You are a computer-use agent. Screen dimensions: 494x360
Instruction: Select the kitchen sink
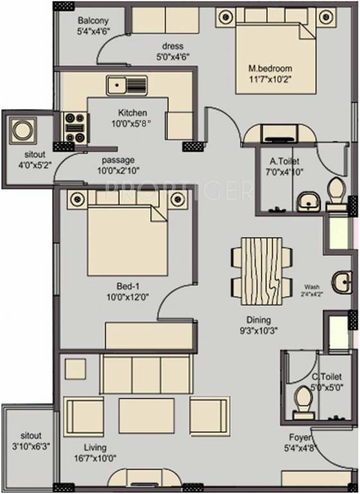click(127, 84)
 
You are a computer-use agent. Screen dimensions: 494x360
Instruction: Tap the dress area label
click(173, 46)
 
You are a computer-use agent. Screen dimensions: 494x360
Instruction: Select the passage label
click(118, 160)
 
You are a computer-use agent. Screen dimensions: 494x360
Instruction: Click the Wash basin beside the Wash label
click(341, 281)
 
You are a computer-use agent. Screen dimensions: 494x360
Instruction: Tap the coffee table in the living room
click(146, 415)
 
